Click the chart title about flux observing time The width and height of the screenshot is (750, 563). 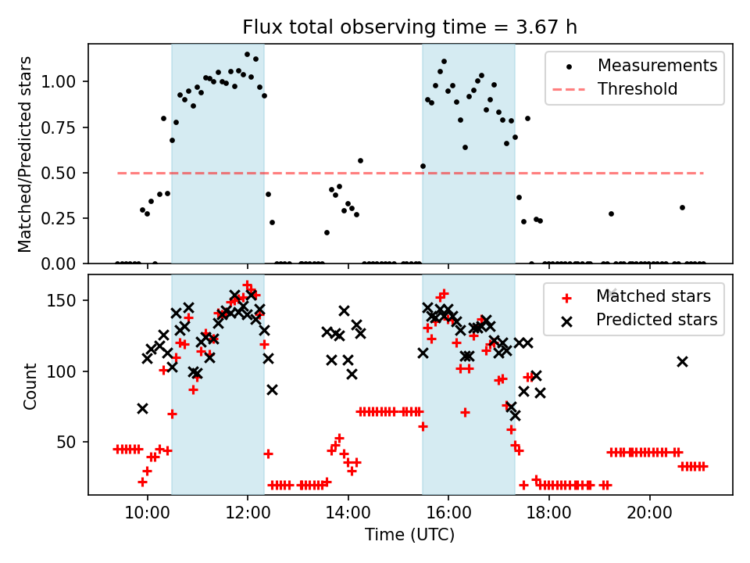409,27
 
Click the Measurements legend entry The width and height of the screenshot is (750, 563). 657,66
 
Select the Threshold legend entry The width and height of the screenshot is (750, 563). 637,89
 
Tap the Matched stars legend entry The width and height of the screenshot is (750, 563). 653,296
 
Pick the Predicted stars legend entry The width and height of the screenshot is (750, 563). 656,320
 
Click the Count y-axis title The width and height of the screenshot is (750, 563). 30,385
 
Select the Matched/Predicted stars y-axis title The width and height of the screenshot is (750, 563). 26,154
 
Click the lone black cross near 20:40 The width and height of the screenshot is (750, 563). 682,361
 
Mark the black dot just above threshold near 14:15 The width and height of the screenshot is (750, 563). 360,160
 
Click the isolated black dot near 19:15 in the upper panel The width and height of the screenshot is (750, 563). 611,213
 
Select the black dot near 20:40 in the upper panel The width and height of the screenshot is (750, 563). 682,207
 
